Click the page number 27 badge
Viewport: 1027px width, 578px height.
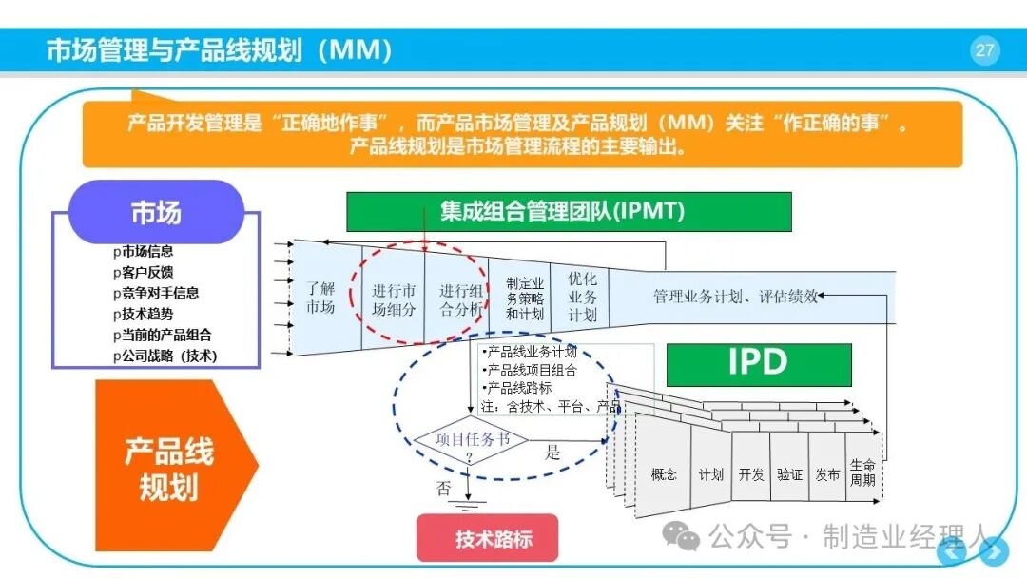coord(984,50)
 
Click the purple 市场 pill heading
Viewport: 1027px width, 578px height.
coord(156,212)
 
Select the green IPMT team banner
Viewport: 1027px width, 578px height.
coord(569,211)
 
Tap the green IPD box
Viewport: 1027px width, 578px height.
coord(759,364)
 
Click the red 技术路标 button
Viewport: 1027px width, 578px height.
coord(487,538)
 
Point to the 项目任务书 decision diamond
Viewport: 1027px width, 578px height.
coord(471,440)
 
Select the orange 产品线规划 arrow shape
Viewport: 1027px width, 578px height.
coord(177,466)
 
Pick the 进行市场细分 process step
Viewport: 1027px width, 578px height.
coord(393,299)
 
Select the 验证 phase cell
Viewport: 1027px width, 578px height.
coord(789,474)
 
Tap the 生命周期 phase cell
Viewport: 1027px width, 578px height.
coord(862,472)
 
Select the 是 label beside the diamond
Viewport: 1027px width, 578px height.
coord(552,452)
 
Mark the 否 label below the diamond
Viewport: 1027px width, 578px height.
coord(443,488)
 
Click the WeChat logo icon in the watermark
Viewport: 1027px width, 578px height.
coord(681,537)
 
